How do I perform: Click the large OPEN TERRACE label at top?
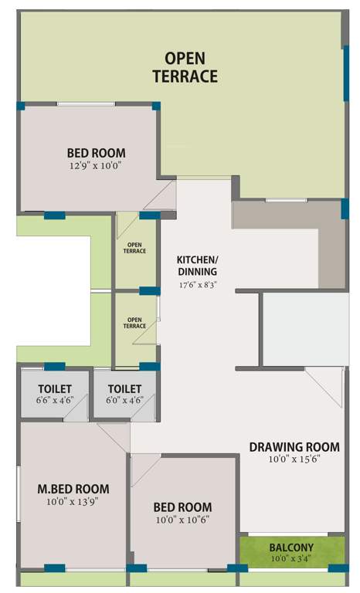(x=185, y=66)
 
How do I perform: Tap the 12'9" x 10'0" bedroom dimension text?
(x=96, y=165)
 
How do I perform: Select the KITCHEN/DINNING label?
(x=197, y=265)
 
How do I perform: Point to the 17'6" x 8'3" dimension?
(x=197, y=284)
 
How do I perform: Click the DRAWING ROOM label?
(x=294, y=446)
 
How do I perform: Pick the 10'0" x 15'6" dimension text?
(x=294, y=459)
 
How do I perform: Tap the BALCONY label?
(x=291, y=547)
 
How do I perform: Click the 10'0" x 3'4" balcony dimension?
(x=291, y=558)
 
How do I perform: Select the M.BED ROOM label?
(x=73, y=489)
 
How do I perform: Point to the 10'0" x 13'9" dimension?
(x=73, y=501)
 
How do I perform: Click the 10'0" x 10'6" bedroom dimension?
(x=182, y=519)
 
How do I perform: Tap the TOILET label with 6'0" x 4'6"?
(x=124, y=389)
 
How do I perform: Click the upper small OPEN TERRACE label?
(x=135, y=248)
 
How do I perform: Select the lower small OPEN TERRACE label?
(x=135, y=323)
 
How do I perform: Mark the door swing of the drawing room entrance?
(x=323, y=386)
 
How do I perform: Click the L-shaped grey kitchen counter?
(x=332, y=247)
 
